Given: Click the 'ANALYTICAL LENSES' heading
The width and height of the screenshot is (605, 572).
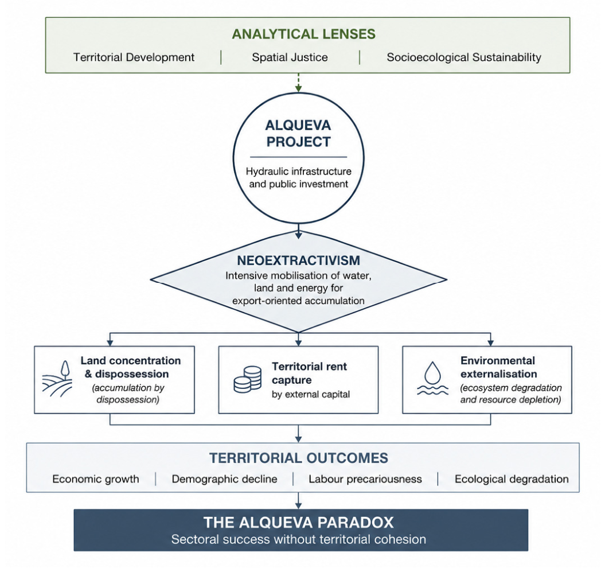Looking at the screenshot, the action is pos(304,34).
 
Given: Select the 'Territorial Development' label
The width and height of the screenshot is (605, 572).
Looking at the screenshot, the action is pos(134,57).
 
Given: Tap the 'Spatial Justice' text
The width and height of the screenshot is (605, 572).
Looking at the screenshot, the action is pos(290,57).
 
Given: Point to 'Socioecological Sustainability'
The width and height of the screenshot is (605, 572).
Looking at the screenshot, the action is pos(464,57).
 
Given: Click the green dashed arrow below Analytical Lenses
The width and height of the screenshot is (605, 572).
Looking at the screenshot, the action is pos(298,83).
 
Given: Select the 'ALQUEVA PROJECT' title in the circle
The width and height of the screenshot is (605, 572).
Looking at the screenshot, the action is pos(298,134).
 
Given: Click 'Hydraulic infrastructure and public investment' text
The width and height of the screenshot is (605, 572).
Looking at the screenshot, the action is pos(299,177).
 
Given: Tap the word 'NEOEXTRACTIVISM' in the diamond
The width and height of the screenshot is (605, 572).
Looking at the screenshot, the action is pos(298,260).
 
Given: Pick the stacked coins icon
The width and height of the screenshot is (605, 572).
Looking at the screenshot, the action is pos(248,379).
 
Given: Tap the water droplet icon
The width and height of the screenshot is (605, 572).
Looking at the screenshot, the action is pos(432,378).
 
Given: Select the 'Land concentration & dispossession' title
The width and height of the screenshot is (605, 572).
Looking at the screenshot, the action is pos(130,367).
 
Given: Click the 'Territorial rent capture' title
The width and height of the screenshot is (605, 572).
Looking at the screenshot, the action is pos(309,373).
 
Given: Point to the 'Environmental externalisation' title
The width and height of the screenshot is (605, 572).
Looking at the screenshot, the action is pos(498,367).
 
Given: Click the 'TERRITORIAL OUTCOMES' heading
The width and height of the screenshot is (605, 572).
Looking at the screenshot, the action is pos(299,458).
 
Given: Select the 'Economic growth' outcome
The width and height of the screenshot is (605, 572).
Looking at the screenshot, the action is pos(96,479).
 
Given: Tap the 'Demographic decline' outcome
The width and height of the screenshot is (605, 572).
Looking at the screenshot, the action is pos(225,479).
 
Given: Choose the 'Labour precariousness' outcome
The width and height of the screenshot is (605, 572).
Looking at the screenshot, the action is pos(365,479).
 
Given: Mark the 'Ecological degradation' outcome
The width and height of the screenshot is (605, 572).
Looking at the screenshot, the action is pos(512,479).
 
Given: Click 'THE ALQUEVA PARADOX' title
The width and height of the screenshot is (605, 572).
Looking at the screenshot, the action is pos(299,523).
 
